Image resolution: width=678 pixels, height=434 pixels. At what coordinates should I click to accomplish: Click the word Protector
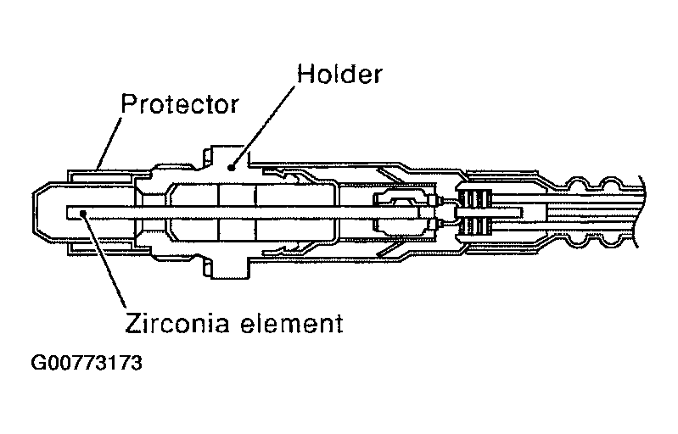(179, 105)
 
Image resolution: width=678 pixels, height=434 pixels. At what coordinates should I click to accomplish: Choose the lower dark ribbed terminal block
(475, 226)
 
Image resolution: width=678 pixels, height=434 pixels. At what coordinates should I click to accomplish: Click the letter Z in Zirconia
(132, 323)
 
